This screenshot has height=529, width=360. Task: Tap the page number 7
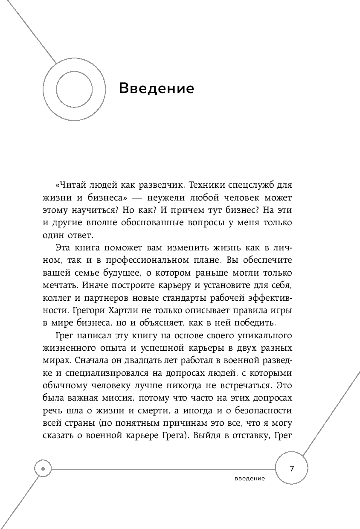292,469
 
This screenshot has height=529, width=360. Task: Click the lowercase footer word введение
250,478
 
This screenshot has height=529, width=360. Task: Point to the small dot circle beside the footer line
43,468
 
